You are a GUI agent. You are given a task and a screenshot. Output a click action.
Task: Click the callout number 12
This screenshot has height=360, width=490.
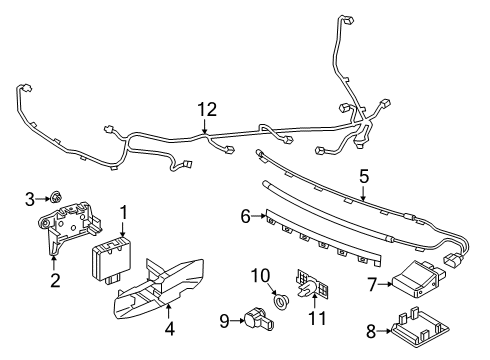207,109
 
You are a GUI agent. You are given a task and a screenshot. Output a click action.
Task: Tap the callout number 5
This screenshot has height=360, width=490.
364,176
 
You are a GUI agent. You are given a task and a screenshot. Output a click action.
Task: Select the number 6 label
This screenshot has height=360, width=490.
245,217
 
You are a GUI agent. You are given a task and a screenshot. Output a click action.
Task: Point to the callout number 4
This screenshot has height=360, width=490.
169,329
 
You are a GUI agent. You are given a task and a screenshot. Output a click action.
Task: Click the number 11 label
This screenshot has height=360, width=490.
317,318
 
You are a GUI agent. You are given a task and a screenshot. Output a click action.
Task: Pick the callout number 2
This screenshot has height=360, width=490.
55,280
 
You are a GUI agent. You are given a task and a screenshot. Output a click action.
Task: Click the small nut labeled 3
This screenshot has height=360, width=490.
56,198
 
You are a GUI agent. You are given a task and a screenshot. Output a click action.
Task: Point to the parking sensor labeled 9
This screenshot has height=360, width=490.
259,320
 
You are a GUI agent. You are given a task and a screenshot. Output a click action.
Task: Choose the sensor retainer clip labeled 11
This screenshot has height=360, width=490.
312,287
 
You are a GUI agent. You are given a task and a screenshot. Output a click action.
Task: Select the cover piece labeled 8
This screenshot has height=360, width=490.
419,329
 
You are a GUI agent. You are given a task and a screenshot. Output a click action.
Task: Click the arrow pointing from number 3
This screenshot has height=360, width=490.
43,199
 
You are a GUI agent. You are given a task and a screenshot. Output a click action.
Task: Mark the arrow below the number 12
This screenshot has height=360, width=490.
204,127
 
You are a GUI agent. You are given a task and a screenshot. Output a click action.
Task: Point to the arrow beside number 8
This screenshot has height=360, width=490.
384,331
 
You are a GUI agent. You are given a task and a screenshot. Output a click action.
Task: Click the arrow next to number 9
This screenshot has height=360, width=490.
237,321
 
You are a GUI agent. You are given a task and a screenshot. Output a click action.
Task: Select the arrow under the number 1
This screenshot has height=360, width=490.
123,228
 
